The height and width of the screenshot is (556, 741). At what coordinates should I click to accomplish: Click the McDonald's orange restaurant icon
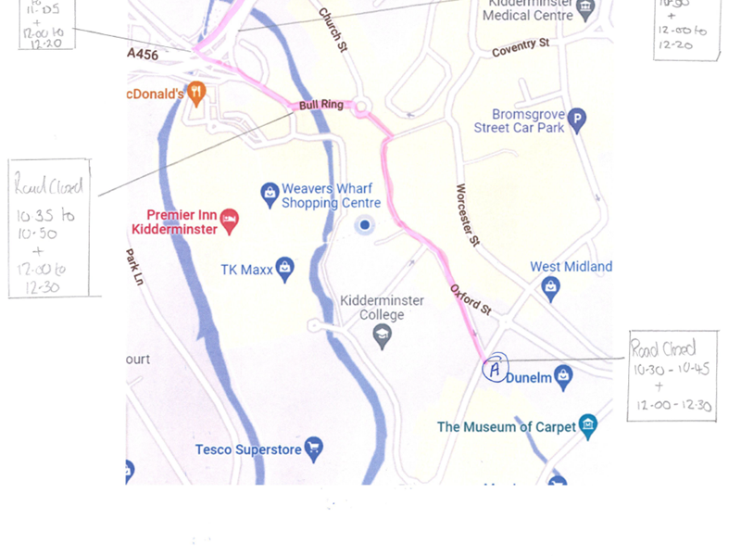[x=195, y=93]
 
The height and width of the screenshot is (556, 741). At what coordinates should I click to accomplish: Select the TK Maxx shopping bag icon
[x=285, y=269]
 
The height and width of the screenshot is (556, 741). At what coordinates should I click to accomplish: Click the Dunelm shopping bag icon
[x=563, y=377]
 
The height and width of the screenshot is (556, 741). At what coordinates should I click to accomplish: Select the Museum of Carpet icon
[x=587, y=426]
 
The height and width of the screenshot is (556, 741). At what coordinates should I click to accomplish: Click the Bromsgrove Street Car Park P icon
[x=577, y=120]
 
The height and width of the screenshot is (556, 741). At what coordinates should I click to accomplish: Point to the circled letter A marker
[x=496, y=369]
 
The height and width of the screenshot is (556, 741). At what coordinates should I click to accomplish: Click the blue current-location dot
[x=365, y=225]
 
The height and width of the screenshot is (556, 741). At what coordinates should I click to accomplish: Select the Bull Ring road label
[x=320, y=106]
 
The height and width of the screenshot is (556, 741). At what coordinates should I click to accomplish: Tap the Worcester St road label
[x=467, y=215]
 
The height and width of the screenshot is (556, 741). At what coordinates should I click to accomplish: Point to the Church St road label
[x=332, y=30]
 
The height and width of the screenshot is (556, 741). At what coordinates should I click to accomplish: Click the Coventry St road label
[x=521, y=47]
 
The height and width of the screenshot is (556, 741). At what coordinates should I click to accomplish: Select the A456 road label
[x=143, y=55]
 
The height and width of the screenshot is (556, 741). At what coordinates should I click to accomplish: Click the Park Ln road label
[x=135, y=267]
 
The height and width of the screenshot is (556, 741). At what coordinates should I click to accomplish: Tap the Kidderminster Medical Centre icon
[x=585, y=10]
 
